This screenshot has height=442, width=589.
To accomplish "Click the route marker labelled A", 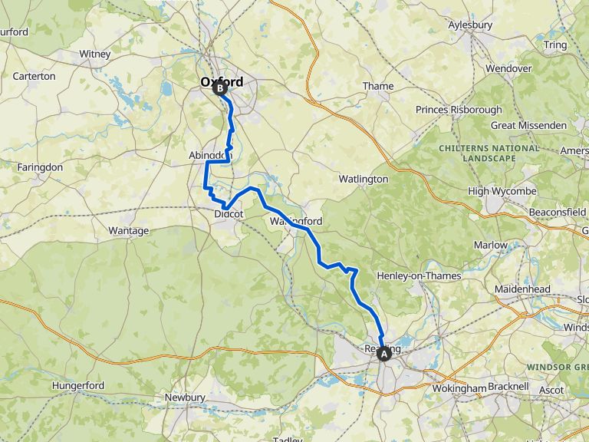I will click(x=384, y=354).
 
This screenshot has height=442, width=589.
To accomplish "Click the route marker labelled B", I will click(x=220, y=89).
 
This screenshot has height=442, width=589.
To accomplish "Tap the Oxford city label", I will click(x=222, y=81).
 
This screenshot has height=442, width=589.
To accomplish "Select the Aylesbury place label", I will click(x=469, y=25).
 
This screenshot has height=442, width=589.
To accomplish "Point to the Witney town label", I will click(x=95, y=54).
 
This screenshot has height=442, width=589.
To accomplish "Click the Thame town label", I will click(x=378, y=86).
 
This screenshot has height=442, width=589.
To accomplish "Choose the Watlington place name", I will click(x=364, y=179).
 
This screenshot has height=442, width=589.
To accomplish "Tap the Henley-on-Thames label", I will click(x=419, y=275).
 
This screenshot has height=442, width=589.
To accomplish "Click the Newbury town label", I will click(x=185, y=397).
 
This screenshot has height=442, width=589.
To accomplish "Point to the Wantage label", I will click(x=129, y=230).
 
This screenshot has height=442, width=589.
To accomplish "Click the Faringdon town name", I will click(x=40, y=167).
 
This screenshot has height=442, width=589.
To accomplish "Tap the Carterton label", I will click(x=34, y=76).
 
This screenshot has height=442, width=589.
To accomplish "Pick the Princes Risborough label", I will click(x=459, y=110).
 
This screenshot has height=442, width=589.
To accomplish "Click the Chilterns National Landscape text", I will click(x=489, y=152).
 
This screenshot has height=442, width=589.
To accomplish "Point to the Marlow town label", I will click(x=490, y=245).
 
